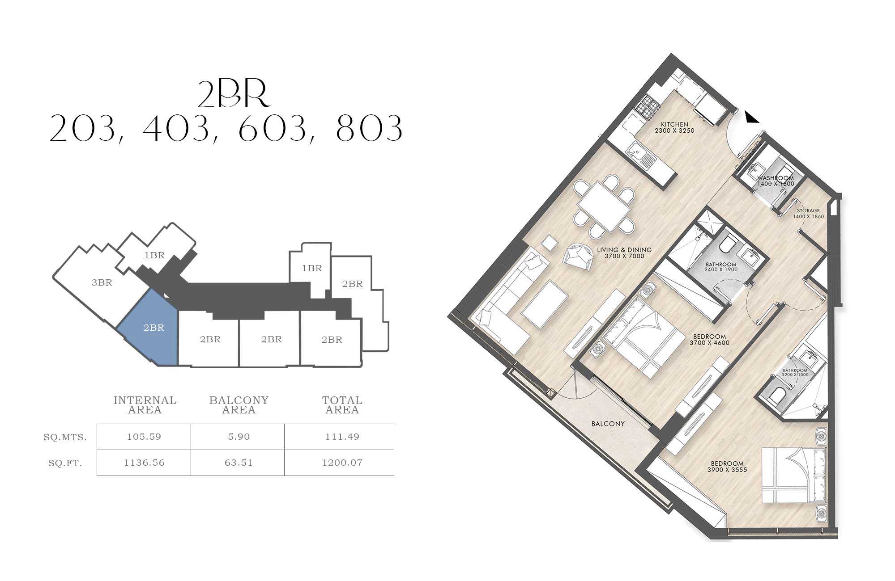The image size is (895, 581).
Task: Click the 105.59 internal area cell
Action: click(x=144, y=437)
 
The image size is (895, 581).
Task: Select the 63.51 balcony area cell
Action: click(x=239, y=463)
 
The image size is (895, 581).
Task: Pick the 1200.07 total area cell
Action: click(x=342, y=463)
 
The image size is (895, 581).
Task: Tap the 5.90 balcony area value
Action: click(x=239, y=437)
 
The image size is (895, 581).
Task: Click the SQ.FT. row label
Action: click(x=65, y=463)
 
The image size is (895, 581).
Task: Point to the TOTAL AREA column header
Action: click(x=342, y=405)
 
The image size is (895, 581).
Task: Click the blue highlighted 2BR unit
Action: click(x=150, y=328)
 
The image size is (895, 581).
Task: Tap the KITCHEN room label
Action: click(x=674, y=125)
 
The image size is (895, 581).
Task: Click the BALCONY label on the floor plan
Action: click(x=608, y=424)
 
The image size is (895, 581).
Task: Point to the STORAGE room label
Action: click(x=808, y=211)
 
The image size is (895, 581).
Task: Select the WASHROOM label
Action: click(x=776, y=178)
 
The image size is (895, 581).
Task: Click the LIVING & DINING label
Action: click(x=624, y=250)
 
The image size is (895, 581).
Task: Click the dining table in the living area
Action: click(x=604, y=206)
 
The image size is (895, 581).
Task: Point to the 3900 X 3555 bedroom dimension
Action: click(x=727, y=470)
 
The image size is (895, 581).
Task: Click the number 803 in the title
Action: click(x=369, y=128)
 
